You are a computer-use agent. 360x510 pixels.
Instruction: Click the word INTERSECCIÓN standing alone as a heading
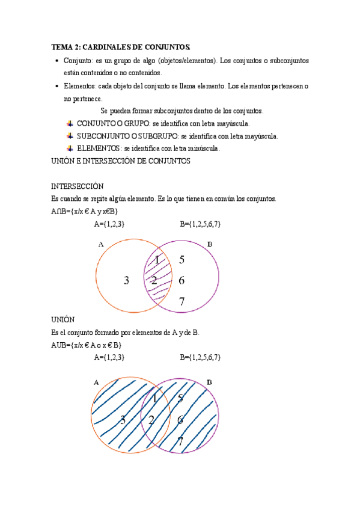pyautogui.click(x=78, y=186)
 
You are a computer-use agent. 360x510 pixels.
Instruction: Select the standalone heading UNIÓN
pyautogui.click(x=63, y=319)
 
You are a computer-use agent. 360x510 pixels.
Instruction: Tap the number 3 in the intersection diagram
pyautogui.click(x=126, y=280)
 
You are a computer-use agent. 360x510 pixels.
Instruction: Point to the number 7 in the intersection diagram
pyautogui.click(x=182, y=301)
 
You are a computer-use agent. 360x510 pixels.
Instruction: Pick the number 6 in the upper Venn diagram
pyautogui.click(x=182, y=280)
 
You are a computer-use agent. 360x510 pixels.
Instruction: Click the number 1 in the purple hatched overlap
pyautogui.click(x=157, y=260)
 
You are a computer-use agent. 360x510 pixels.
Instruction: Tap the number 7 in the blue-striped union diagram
pyautogui.click(x=180, y=442)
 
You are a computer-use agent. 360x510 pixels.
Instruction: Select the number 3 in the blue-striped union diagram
pyautogui.click(x=123, y=420)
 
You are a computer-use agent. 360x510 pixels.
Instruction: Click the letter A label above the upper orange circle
pyautogui.click(x=100, y=244)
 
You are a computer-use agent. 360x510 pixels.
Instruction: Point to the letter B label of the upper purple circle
pyautogui.click(x=209, y=244)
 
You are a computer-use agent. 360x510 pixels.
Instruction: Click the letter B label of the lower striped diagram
pyautogui.click(x=209, y=382)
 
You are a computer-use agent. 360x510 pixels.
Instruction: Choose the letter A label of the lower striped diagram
pyautogui.click(x=96, y=382)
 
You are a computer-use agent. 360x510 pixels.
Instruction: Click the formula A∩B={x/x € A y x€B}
pyautogui.click(x=85, y=211)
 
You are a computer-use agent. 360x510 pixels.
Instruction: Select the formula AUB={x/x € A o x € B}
pyautogui.click(x=87, y=345)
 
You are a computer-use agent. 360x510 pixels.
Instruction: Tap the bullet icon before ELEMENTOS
pyautogui.click(x=70, y=147)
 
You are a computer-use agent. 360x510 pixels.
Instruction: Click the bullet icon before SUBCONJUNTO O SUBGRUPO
pyautogui.click(x=70, y=135)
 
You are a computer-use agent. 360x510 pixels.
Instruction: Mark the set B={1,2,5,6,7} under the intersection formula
pyautogui.click(x=200, y=224)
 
